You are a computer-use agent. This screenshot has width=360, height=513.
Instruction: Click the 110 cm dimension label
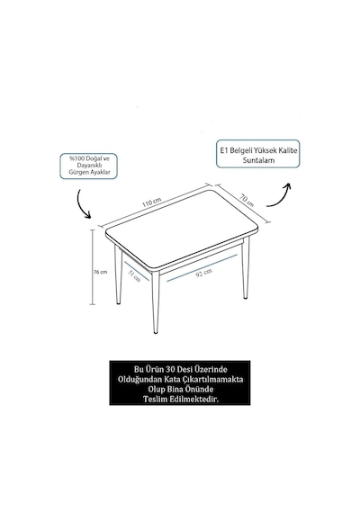[x=151, y=202]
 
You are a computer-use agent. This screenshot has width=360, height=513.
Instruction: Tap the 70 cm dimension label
[x=246, y=200]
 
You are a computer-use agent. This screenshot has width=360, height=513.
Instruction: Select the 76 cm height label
[x=101, y=272]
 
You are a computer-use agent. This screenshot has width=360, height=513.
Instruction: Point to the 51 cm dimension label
[x=134, y=276]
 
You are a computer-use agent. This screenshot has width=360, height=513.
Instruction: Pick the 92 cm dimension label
[x=203, y=272]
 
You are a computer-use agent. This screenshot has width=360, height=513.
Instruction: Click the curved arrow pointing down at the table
[x=82, y=203]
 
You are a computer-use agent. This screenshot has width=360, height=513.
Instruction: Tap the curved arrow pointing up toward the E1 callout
[x=279, y=195]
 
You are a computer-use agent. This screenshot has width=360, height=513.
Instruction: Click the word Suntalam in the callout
[x=258, y=160]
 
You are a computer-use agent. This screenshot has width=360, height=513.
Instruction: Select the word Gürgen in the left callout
[x=76, y=173]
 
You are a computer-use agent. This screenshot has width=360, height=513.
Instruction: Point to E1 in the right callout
[x=223, y=150]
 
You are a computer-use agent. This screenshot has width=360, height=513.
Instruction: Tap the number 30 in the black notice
[x=170, y=369]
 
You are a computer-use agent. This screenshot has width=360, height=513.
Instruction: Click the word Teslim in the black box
[x=155, y=399]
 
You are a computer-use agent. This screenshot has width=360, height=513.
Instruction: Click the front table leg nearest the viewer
[x=156, y=302]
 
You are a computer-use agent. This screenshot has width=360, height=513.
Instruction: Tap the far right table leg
[x=245, y=267]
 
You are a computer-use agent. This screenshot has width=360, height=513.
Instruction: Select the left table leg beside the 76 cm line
[x=118, y=275]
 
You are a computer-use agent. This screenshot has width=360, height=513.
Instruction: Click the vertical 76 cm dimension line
[x=94, y=267]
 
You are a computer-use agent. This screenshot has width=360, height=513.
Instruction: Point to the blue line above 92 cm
[x=202, y=268]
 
